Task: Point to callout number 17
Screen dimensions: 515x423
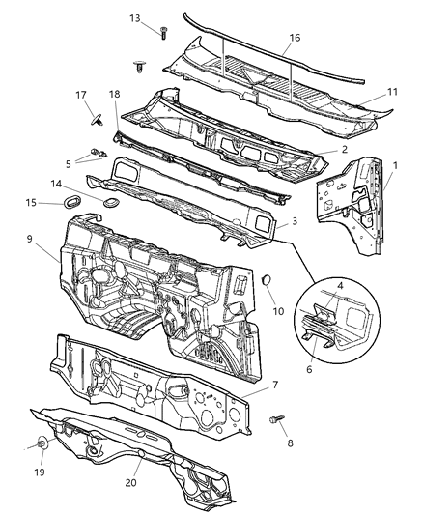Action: (x=82, y=94)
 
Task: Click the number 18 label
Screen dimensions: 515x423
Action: (x=114, y=95)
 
